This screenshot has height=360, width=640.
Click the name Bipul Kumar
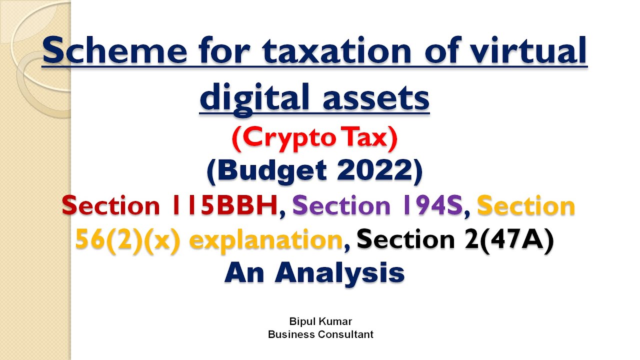click(x=320, y=321)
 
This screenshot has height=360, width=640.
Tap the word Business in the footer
click(x=292, y=334)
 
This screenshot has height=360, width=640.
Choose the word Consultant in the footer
click(x=346, y=334)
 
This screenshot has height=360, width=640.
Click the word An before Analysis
click(x=244, y=273)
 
